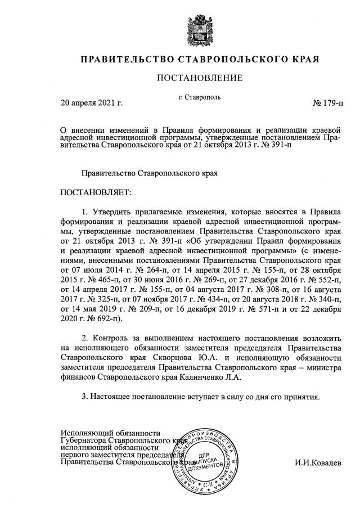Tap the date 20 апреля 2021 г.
tap(92, 103)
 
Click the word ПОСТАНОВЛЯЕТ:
tap(95, 193)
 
